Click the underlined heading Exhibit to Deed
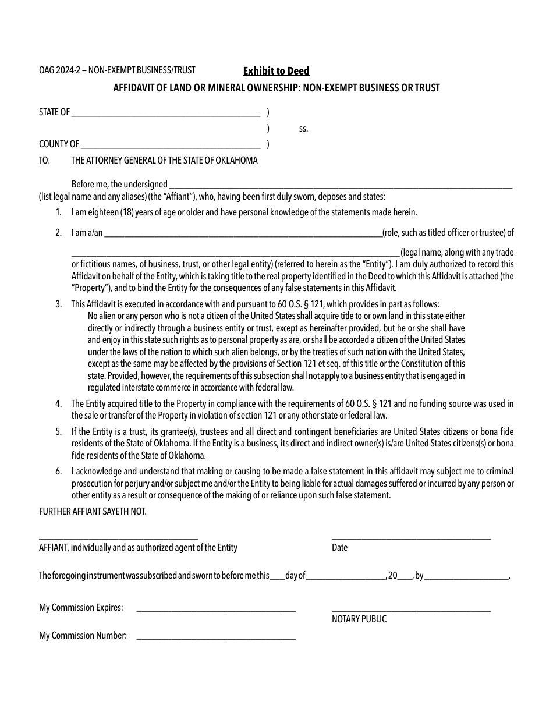pos(276,71)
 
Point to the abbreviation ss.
pos(303,129)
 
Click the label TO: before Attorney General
pos(45,160)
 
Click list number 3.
pos(59,304)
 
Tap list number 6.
pos(59,472)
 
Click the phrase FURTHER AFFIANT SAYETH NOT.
pos(93,511)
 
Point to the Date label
pos(339,548)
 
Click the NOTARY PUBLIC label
pos(359,619)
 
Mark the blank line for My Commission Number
pos(215,639)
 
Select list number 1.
pos(59,212)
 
